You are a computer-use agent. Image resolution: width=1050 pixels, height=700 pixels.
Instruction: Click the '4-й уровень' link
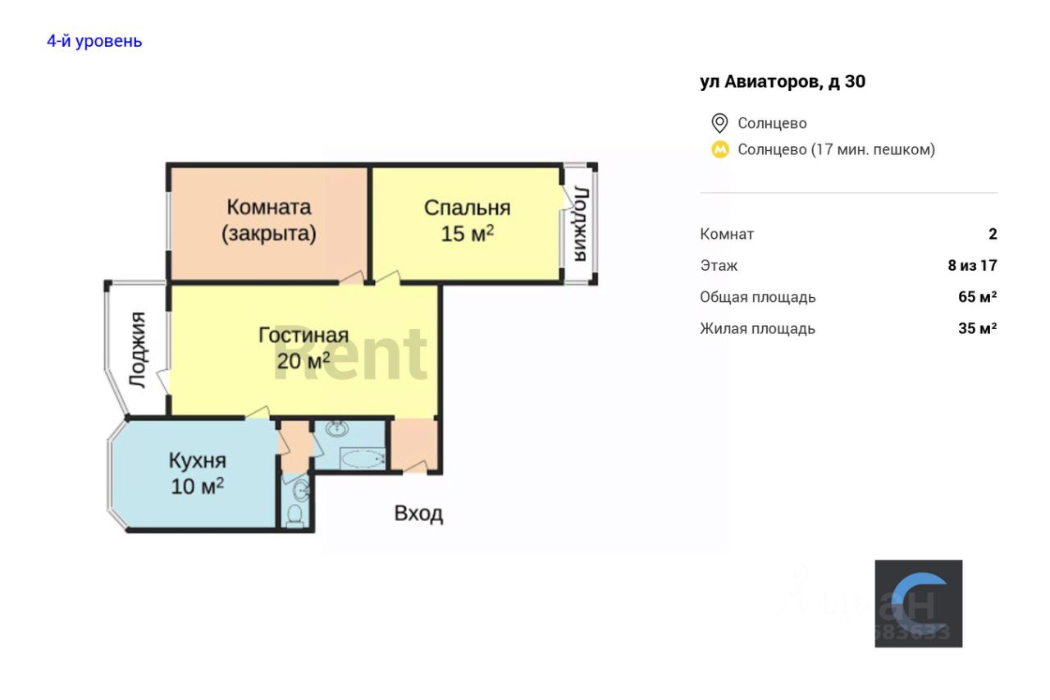(x=94, y=41)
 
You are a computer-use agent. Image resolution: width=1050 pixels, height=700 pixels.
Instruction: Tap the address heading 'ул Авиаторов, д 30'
(x=783, y=81)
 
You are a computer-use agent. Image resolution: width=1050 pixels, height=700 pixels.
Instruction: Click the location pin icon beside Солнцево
(x=719, y=123)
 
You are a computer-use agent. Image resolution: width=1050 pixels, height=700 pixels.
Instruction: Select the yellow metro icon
(x=719, y=149)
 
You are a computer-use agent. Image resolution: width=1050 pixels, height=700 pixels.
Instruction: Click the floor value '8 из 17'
(x=972, y=265)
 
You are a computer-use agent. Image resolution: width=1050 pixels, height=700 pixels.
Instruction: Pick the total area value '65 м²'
(x=977, y=297)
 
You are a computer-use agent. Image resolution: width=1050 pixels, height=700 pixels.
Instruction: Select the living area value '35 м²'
(x=977, y=328)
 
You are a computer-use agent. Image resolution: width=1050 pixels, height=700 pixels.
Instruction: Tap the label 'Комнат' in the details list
(x=727, y=234)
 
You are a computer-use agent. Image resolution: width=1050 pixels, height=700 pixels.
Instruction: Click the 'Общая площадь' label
(x=757, y=297)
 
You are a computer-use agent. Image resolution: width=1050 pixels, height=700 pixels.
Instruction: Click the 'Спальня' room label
(x=467, y=208)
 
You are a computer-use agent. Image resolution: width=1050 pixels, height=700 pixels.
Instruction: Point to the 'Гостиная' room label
(x=304, y=335)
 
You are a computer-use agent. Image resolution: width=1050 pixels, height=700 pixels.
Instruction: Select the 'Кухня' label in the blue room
(x=197, y=460)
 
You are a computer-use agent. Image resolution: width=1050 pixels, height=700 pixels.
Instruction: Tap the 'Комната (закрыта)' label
(x=269, y=220)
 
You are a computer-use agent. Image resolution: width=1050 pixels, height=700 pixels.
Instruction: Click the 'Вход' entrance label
(x=418, y=514)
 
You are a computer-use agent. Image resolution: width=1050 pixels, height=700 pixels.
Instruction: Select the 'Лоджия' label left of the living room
(x=138, y=350)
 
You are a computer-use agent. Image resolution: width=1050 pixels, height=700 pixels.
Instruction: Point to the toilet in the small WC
(x=295, y=515)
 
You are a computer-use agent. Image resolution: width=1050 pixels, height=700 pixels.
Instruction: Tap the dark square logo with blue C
(x=918, y=603)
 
